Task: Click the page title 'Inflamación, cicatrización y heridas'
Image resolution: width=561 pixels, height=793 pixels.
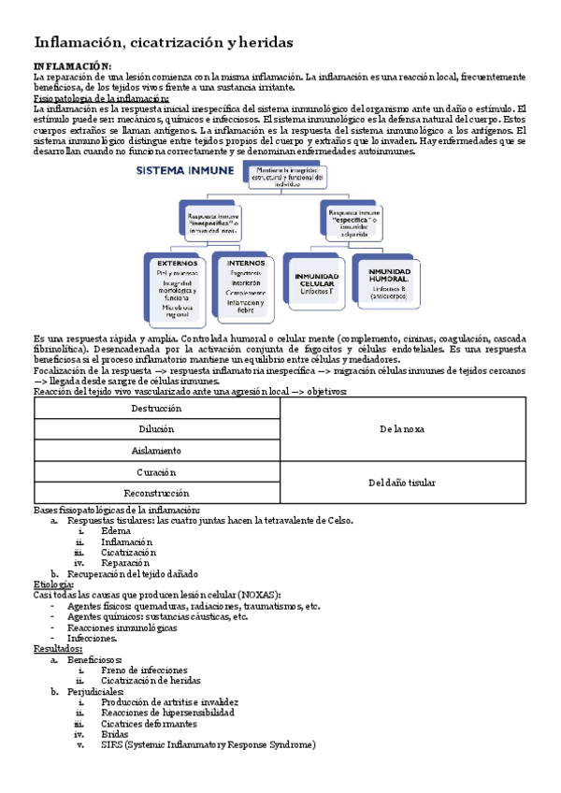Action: click(x=164, y=42)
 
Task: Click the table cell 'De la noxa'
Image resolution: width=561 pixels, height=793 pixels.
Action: click(x=402, y=429)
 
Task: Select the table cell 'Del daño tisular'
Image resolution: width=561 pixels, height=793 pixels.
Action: click(x=402, y=483)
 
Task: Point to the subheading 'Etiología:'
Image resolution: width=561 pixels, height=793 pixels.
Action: click(x=54, y=584)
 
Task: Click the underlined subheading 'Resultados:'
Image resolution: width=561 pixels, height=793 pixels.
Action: click(x=58, y=648)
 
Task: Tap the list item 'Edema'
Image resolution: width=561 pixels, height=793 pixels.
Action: click(x=116, y=531)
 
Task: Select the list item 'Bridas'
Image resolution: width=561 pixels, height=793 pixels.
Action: click(x=116, y=734)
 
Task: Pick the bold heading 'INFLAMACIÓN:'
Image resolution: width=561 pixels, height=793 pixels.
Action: click(x=72, y=65)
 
